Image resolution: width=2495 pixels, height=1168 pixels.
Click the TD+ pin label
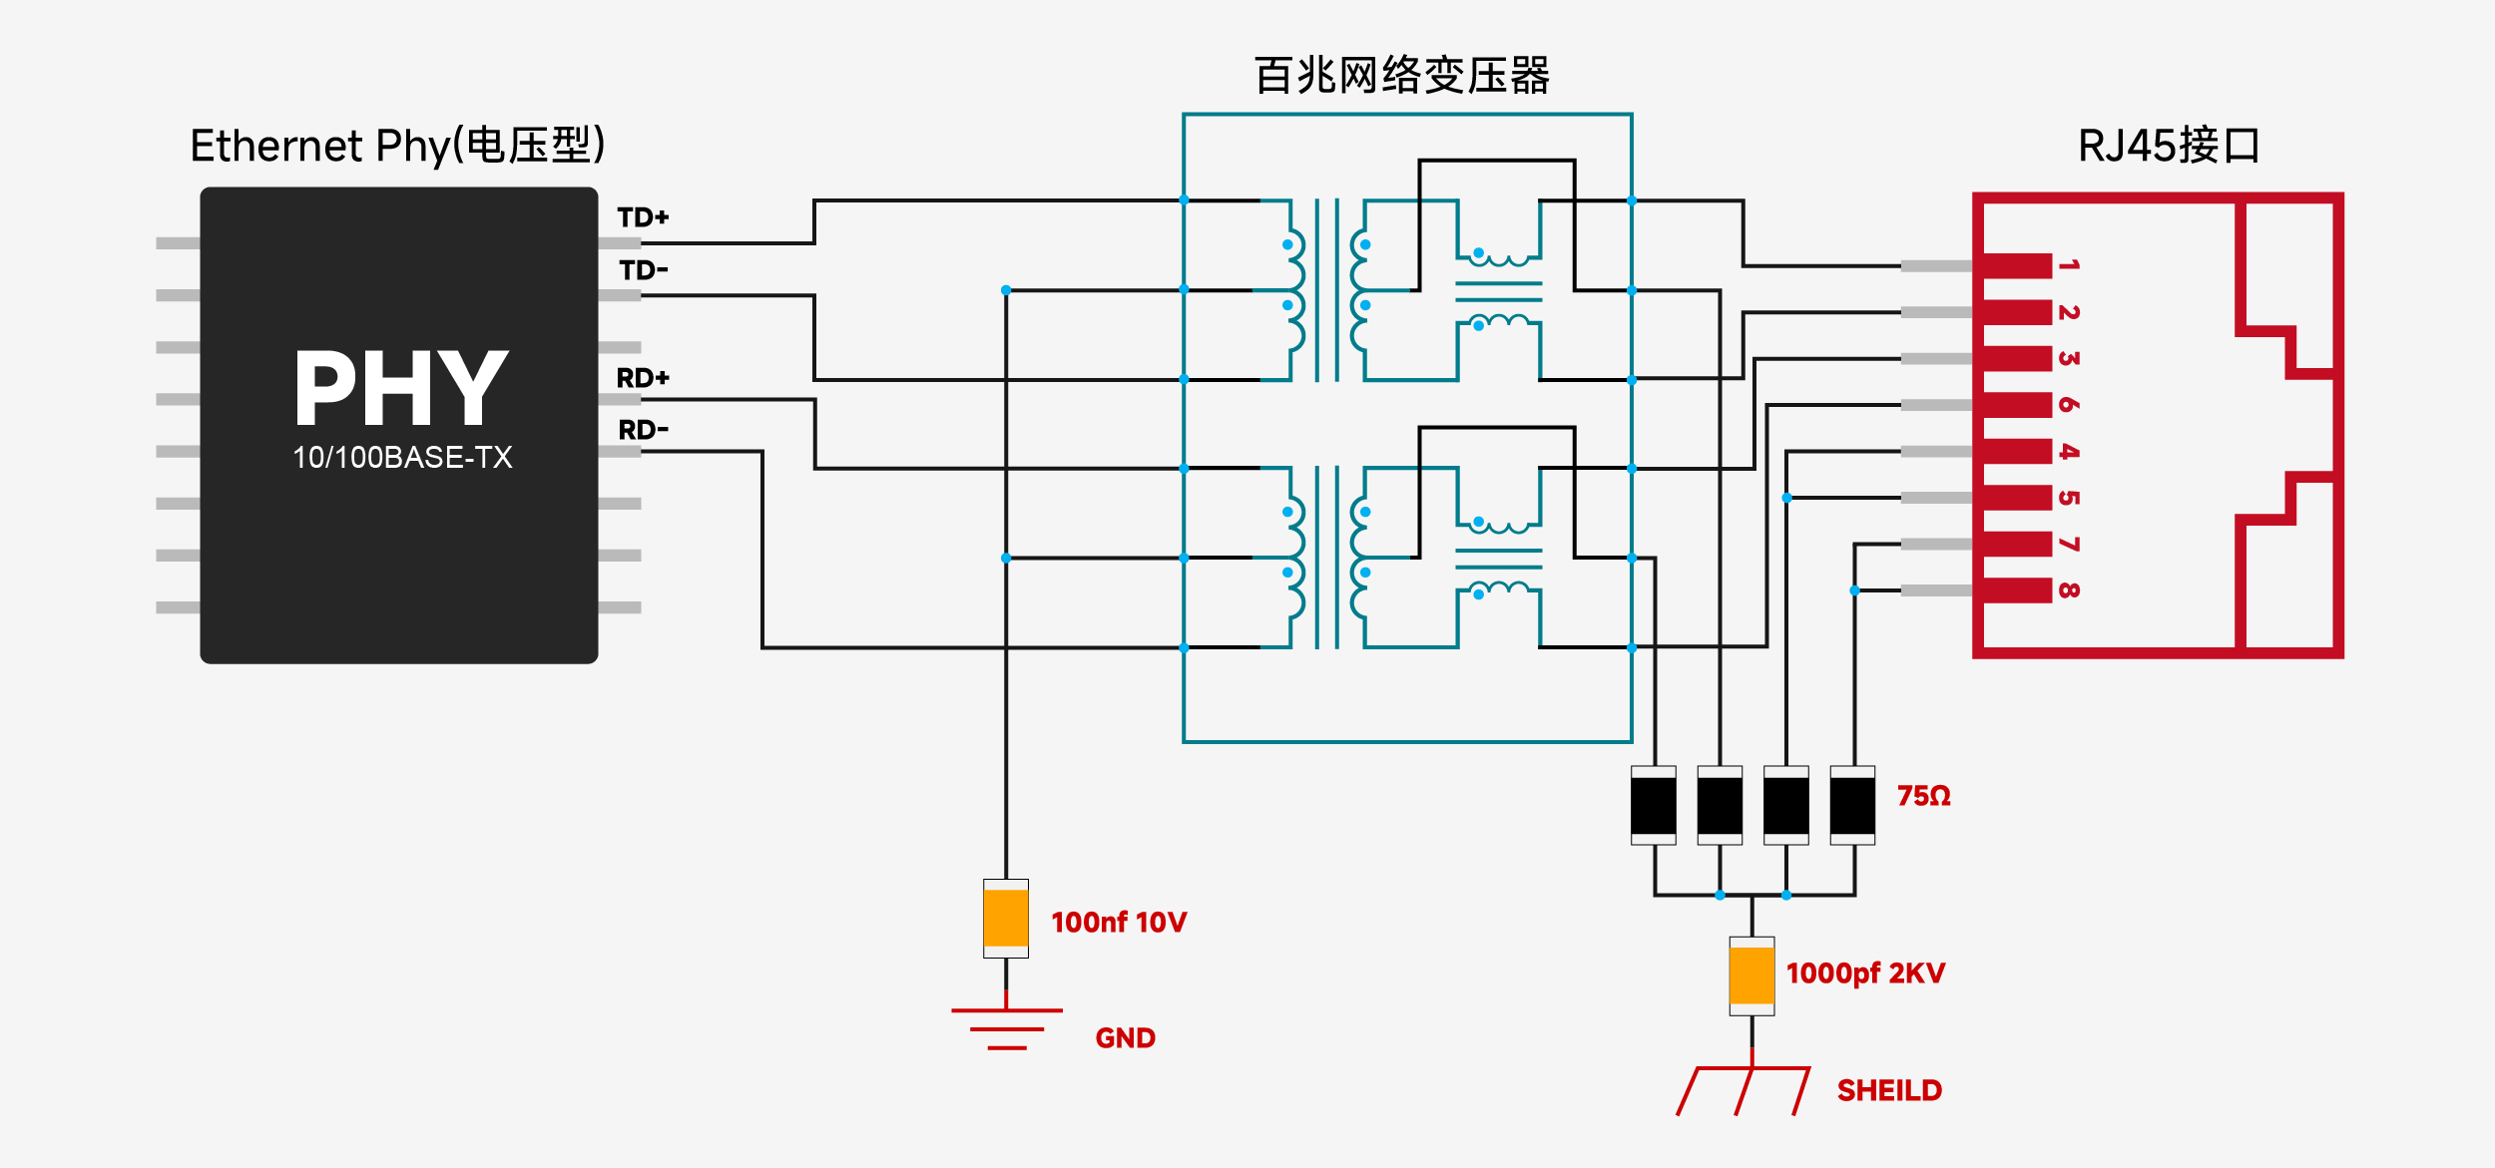pyautogui.click(x=643, y=217)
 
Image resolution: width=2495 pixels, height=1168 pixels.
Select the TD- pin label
pyautogui.click(x=643, y=270)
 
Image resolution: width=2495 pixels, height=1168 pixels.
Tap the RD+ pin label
pyautogui.click(x=643, y=378)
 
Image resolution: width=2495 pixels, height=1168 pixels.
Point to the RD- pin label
pyautogui.click(x=643, y=430)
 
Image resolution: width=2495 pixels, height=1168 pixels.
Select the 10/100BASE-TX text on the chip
pyautogui.click(x=402, y=458)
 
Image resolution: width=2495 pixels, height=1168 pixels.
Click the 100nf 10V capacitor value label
pyautogui.click(x=1119, y=923)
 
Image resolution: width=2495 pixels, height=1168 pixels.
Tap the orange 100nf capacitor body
pyautogui.click(x=1006, y=919)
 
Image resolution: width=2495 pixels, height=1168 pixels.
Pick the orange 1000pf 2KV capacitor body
pyautogui.click(x=1751, y=976)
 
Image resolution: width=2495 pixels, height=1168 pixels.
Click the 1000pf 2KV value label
pyautogui.click(x=1865, y=973)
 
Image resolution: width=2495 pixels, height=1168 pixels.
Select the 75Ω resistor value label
pyautogui.click(x=1923, y=796)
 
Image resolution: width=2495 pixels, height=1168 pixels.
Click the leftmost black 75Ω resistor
pyautogui.click(x=1654, y=806)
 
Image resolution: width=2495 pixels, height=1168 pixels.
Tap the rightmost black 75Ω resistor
pyautogui.click(x=1852, y=806)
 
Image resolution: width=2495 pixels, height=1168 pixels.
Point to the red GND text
pyautogui.click(x=1125, y=1038)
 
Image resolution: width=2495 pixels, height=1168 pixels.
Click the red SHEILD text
pyautogui.click(x=1889, y=1091)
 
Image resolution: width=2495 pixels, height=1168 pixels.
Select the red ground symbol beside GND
pyautogui.click(x=1007, y=1028)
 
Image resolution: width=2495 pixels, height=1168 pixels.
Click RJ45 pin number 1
pyautogui.click(x=2068, y=265)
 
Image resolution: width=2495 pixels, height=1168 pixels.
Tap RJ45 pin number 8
pyautogui.click(x=2068, y=590)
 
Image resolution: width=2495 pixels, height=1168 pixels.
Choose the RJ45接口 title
pyautogui.click(x=2169, y=146)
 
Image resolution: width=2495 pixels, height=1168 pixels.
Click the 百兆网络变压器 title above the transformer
pyautogui.click(x=1402, y=76)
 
